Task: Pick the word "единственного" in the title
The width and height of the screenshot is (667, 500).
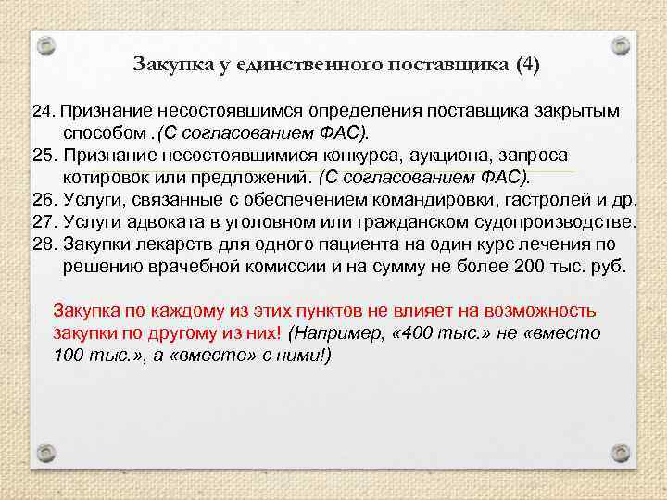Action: (301, 65)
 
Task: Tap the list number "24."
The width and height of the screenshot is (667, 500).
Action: (44, 111)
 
